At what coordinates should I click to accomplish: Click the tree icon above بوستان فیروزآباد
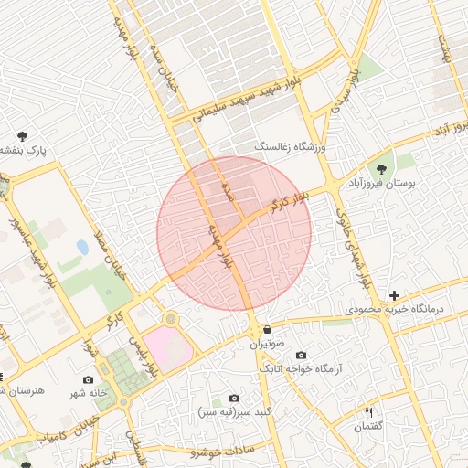pos(380,169)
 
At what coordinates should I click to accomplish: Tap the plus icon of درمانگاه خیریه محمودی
pos(394,295)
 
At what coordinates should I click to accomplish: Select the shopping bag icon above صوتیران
pos(267,330)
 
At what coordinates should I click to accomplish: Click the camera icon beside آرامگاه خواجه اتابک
pos(301,355)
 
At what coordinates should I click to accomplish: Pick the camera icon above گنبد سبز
pos(235,399)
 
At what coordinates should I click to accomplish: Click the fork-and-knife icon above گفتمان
pos(369,412)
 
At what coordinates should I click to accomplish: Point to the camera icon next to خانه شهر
pos(88,379)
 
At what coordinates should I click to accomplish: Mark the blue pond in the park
pos(83,248)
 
